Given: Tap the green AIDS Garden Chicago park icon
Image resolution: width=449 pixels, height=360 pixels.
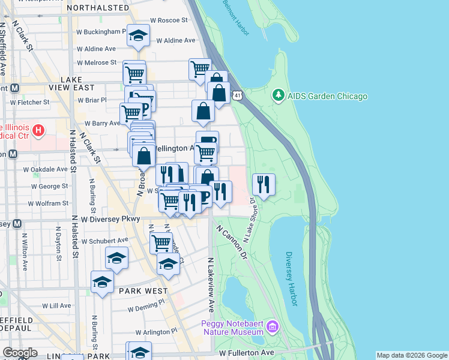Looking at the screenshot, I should pyautogui.click(x=278, y=95).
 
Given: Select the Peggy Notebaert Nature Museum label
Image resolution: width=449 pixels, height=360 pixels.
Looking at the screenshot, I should pyautogui.click(x=232, y=327).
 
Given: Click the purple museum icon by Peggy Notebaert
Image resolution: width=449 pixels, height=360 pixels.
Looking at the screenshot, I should pyautogui.click(x=273, y=327).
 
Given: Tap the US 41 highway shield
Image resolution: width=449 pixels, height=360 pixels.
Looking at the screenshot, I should pyautogui.click(x=238, y=95).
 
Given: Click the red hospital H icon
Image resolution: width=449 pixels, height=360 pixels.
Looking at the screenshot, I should pyautogui.click(x=38, y=130).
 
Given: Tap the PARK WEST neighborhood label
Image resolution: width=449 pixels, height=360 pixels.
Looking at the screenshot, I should pyautogui.click(x=143, y=290).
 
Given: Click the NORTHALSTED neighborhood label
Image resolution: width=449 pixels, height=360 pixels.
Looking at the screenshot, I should pyautogui.click(x=98, y=8).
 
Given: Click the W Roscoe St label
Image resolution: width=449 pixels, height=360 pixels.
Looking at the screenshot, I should pyautogui.click(x=169, y=20).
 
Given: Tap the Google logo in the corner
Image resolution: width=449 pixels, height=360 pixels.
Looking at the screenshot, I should pyautogui.click(x=20, y=353).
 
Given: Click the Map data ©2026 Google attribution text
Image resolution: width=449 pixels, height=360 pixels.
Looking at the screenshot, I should pyautogui.click(x=412, y=355).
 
